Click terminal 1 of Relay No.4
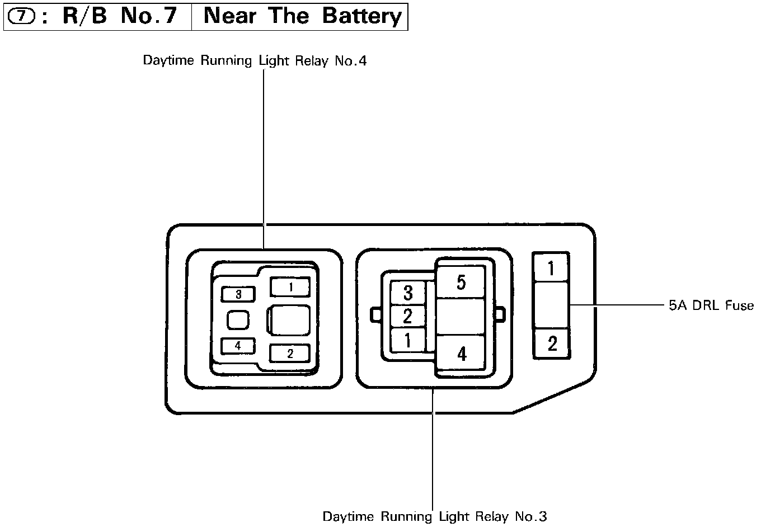coord(290,287)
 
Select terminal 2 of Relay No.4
coord(290,354)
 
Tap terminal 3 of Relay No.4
coord(238,294)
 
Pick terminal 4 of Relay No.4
coord(238,346)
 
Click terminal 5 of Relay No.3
coord(461,282)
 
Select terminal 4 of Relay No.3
coord(461,354)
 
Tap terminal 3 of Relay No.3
coord(408,293)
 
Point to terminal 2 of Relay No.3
coord(408,317)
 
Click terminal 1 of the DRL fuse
coord(551,269)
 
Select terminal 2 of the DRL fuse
coord(552,343)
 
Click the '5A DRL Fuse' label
coord(711,305)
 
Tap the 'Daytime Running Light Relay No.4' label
coord(255,60)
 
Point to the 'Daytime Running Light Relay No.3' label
coord(435,516)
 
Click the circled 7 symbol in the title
coord(22,17)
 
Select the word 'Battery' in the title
coord(362,16)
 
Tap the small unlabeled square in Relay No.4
coord(238,320)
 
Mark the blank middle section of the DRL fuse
coord(551,305)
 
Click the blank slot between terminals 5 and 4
coord(461,316)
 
